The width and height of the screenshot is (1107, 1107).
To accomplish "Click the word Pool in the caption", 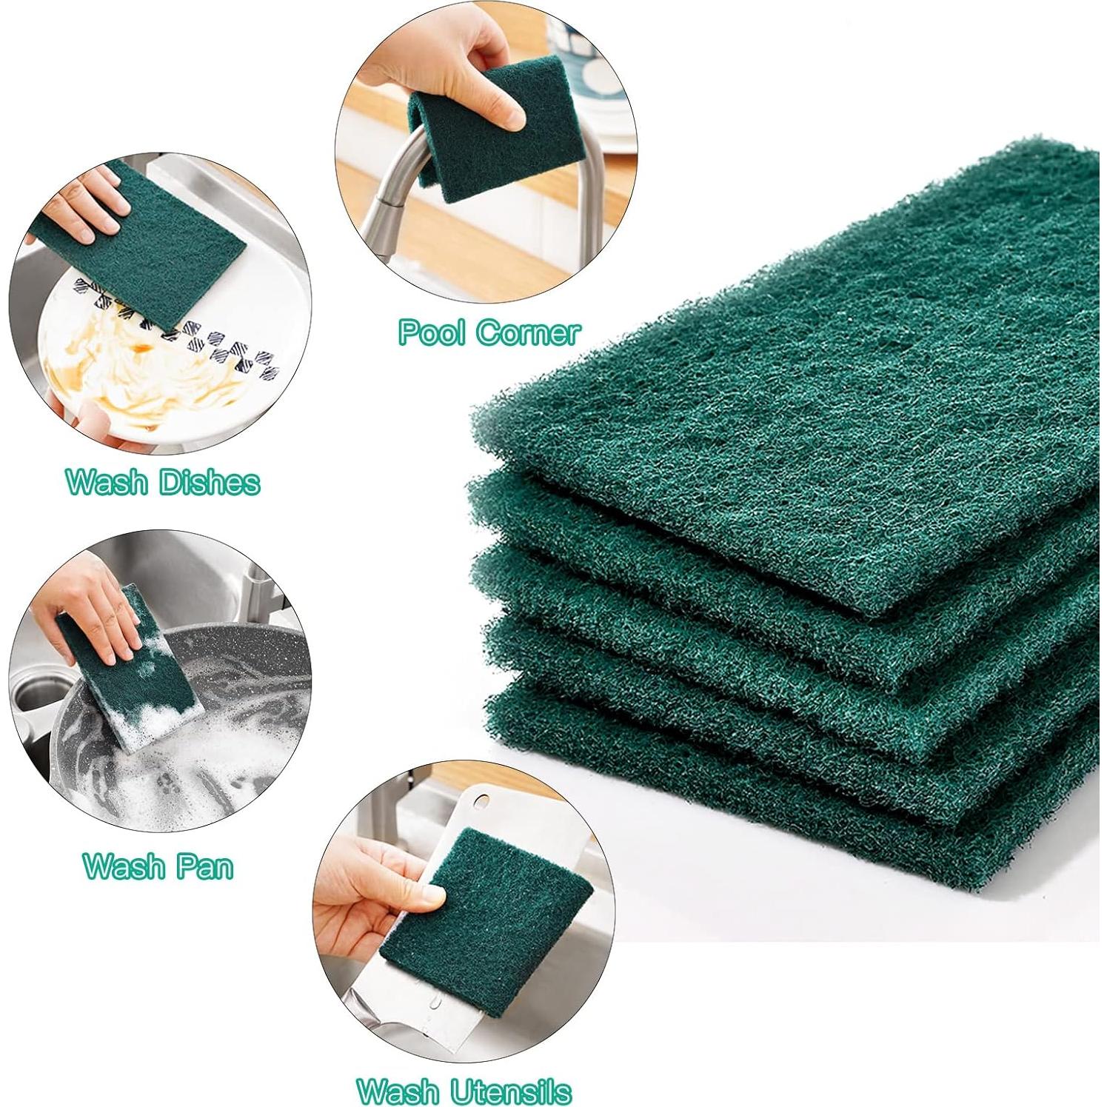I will click(431, 332).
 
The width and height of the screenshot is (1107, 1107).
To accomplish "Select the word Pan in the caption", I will click(204, 866).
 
